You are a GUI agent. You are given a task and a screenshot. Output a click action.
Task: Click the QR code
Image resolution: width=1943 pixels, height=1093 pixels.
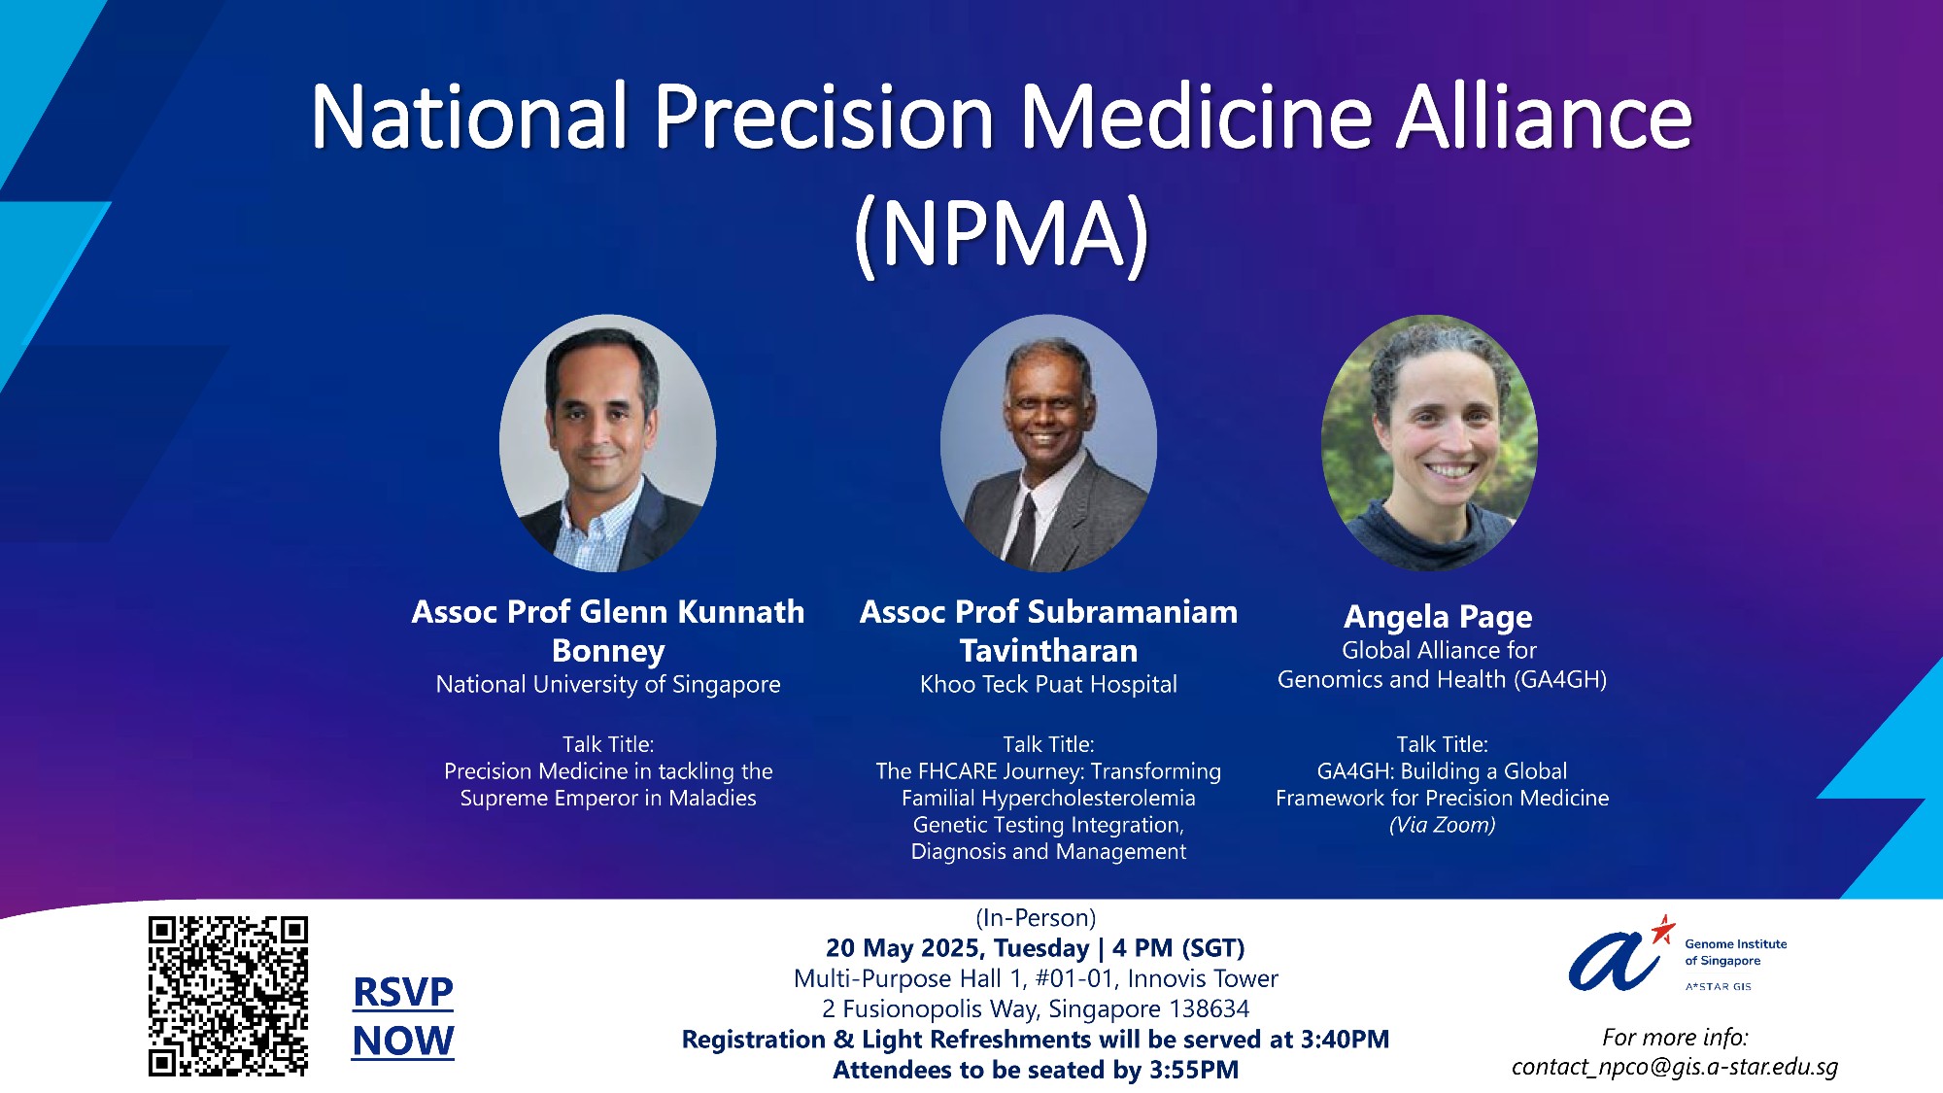pyautogui.click(x=228, y=996)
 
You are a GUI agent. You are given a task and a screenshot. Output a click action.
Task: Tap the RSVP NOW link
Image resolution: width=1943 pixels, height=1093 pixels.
pyautogui.click(x=403, y=1016)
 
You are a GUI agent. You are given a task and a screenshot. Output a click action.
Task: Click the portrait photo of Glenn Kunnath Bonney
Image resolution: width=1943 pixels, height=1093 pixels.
pyautogui.click(x=608, y=443)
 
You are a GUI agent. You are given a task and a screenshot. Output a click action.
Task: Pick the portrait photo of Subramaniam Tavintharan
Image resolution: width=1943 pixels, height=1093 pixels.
pyautogui.click(x=1049, y=443)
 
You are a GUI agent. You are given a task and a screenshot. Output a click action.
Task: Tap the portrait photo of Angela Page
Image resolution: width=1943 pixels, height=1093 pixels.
pyautogui.click(x=1430, y=443)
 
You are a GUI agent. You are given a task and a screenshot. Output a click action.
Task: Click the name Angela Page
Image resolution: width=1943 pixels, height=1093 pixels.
pyautogui.click(x=1438, y=616)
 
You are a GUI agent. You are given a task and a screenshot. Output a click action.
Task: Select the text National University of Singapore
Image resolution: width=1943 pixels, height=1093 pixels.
pyautogui.click(x=608, y=684)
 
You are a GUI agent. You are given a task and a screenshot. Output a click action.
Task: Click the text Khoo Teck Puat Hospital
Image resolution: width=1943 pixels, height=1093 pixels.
pyautogui.click(x=1048, y=684)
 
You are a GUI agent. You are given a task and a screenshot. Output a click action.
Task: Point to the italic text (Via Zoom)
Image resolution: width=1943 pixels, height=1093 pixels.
pyautogui.click(x=1442, y=825)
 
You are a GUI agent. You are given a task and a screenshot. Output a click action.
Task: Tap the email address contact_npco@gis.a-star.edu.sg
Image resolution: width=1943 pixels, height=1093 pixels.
pyautogui.click(x=1675, y=1067)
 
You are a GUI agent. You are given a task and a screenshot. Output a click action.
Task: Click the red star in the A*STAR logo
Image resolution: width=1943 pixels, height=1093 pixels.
pyautogui.click(x=1663, y=929)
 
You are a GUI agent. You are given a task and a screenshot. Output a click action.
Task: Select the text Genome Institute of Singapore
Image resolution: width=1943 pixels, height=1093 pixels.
pyautogui.click(x=1736, y=952)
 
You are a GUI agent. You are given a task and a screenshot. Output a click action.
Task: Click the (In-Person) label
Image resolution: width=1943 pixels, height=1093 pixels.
pyautogui.click(x=1036, y=918)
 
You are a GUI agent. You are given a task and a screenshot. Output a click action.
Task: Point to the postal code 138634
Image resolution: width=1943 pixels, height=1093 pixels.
pyautogui.click(x=1209, y=1008)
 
